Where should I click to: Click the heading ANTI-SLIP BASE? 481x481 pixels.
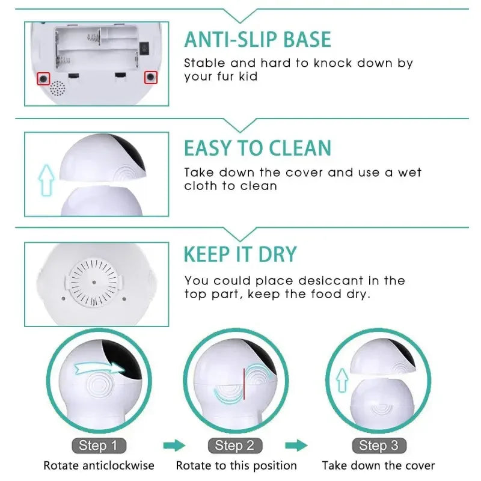coord(257,40)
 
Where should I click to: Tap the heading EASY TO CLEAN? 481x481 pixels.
coord(257,148)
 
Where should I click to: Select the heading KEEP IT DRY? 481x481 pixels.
coord(240,254)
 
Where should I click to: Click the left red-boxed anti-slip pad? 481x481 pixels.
coord(43,78)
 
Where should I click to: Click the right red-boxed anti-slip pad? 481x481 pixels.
coord(150,78)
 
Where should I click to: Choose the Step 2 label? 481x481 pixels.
coord(234,446)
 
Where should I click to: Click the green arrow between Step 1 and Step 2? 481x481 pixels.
coord(174,446)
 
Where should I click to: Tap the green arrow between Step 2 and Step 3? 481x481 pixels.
coord(296,446)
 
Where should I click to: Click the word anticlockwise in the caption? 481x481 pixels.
coord(119,465)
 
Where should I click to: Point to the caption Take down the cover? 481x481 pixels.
coord(378,465)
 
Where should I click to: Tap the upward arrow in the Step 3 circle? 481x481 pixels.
coord(342,381)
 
